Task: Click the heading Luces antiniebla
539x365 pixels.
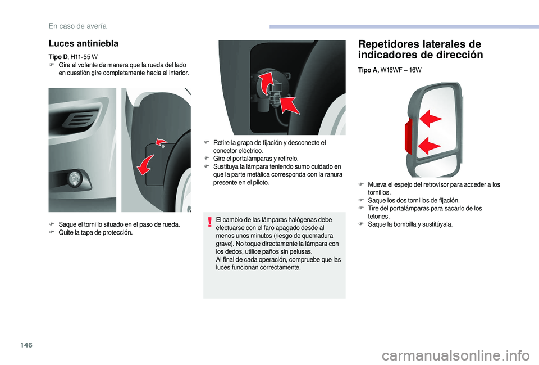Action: pos(84,43)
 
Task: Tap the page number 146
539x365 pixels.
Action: pos(26,345)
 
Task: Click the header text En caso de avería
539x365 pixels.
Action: pos(77,26)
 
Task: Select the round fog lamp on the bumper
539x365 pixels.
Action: pos(74,178)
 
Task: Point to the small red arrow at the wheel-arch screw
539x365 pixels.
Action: pos(161,141)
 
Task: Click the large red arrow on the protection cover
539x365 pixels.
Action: pos(145,165)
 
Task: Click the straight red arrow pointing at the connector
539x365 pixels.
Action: pos(290,105)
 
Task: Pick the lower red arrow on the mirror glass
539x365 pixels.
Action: pos(429,145)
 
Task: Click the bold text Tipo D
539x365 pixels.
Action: pos(58,57)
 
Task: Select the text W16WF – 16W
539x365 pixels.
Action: pos(401,70)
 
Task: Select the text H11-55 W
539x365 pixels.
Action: pos(84,57)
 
